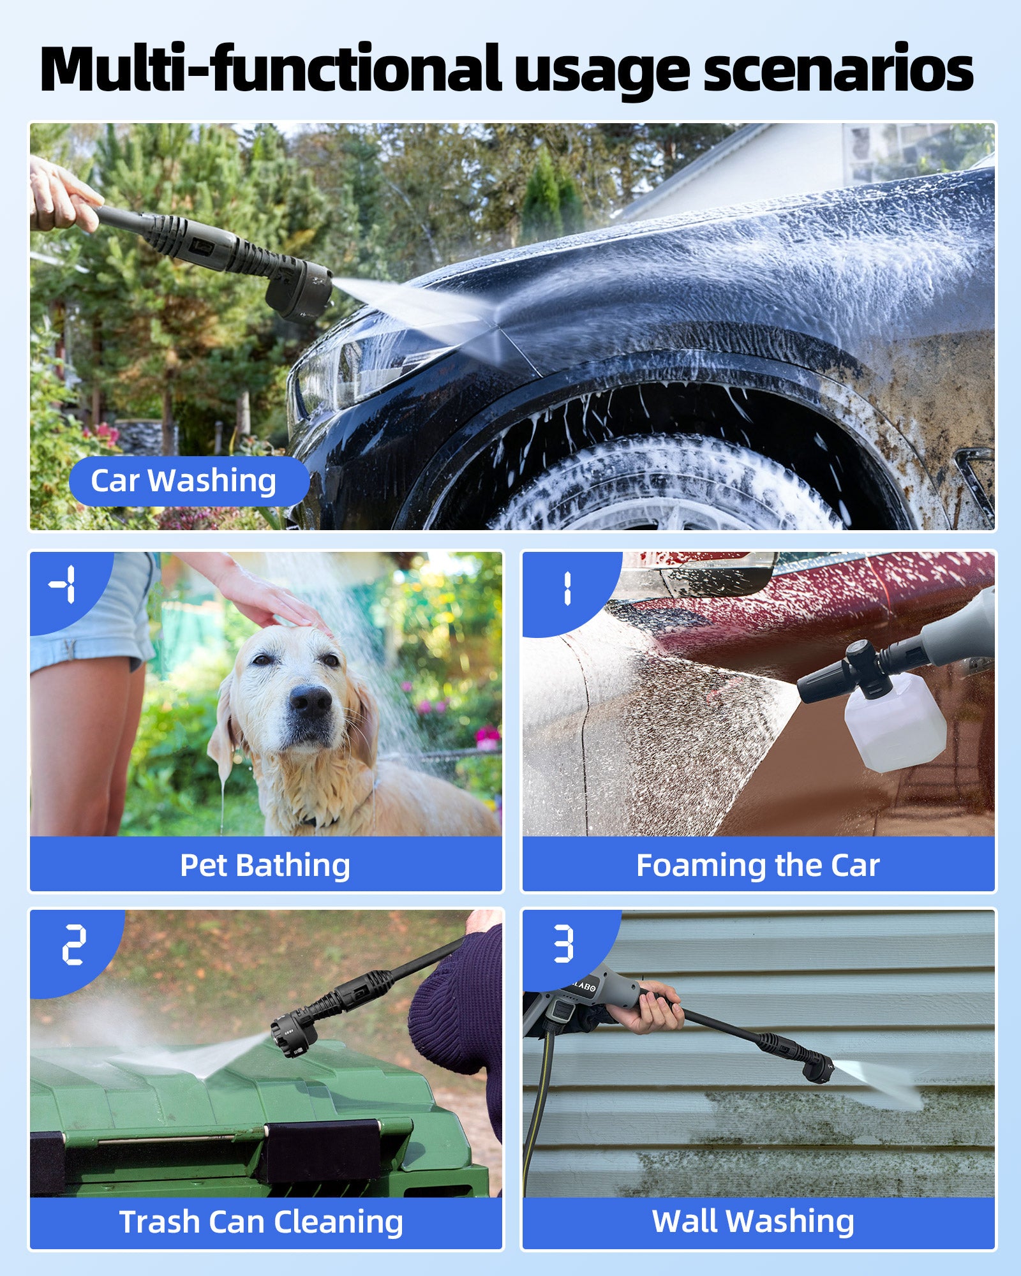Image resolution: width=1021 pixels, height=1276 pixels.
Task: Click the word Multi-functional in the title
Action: (x=271, y=68)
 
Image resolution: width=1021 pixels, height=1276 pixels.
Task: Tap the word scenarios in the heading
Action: (x=838, y=69)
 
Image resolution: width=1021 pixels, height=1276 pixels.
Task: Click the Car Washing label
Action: (x=184, y=481)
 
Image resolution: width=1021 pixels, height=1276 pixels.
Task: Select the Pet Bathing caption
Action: (x=265, y=866)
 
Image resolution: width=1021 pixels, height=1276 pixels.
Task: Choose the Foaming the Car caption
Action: (x=758, y=865)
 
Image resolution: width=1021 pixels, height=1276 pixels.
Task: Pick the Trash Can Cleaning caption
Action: (x=262, y=1222)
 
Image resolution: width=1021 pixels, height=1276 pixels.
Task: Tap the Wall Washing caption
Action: (x=753, y=1221)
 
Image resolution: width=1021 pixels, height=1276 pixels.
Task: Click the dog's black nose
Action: (x=311, y=702)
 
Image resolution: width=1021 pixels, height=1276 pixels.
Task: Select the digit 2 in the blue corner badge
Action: (x=74, y=945)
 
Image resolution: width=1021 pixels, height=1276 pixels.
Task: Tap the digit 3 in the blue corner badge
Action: (x=563, y=944)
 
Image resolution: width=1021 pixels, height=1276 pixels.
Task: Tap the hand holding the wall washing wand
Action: (x=645, y=1009)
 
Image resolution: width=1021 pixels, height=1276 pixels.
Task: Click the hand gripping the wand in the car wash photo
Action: (x=61, y=195)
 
